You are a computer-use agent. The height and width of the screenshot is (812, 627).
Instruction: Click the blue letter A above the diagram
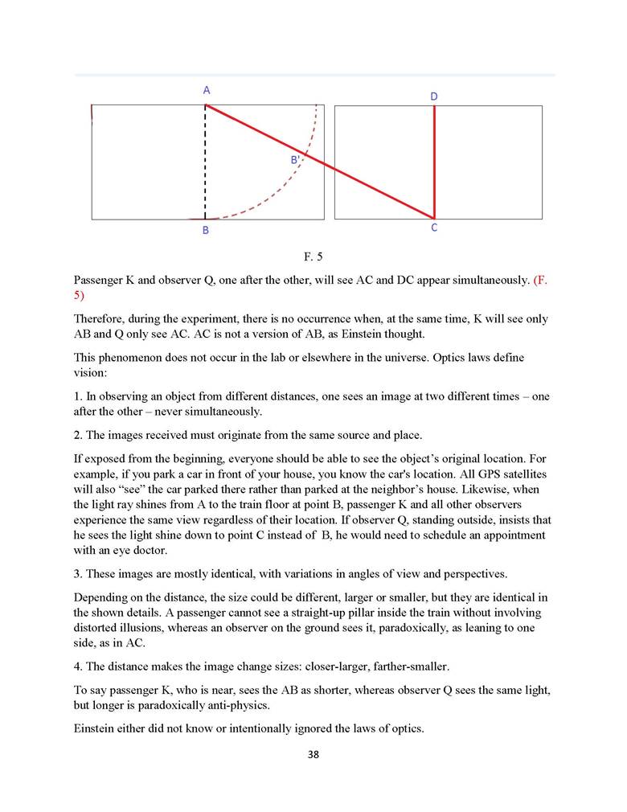207,91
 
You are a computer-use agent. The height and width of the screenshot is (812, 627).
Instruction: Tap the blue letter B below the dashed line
206,231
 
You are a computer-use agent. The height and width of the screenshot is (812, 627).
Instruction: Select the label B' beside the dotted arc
295,160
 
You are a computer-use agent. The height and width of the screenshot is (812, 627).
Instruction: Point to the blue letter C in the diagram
434,228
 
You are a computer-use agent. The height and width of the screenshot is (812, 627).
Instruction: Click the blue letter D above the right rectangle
434,96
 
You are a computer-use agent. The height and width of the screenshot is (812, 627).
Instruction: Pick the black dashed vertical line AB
206,161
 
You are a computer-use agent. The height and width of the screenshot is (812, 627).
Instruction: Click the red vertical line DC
434,161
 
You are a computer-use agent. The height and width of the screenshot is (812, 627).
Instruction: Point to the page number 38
313,755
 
